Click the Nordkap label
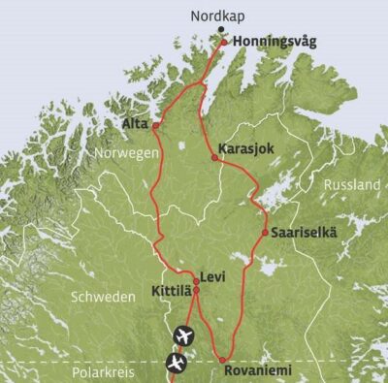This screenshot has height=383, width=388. pyautogui.click(x=217, y=16)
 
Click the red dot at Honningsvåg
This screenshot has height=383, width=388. pyautogui.click(x=224, y=43)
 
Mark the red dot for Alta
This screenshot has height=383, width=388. pyautogui.click(x=155, y=125)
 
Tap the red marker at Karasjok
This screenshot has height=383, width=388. pyautogui.click(x=214, y=157)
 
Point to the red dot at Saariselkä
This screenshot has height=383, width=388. pyautogui.click(x=265, y=232)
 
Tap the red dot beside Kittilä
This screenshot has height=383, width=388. pyautogui.click(x=196, y=290)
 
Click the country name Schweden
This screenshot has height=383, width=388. pyautogui.click(x=102, y=298)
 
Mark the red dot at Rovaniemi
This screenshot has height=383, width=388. pyautogui.click(x=222, y=361)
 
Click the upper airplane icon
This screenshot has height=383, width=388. pyautogui.click(x=182, y=336)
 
